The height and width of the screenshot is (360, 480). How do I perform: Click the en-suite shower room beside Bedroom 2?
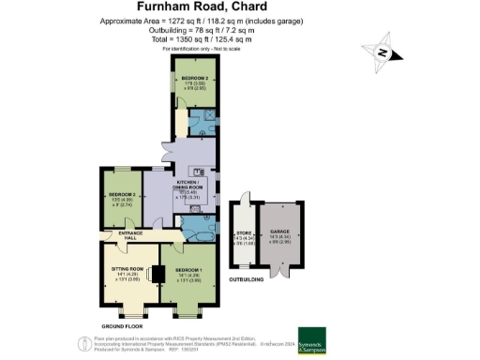(x=201, y=123)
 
